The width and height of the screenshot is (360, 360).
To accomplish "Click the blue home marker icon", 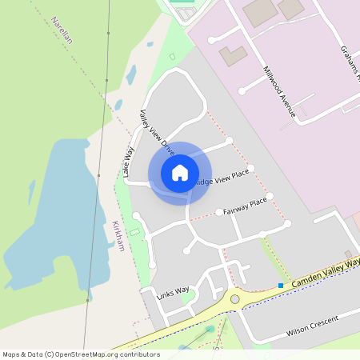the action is [180, 173].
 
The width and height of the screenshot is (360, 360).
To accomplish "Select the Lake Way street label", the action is [128, 161].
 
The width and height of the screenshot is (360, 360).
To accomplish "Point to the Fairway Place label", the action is [246, 206].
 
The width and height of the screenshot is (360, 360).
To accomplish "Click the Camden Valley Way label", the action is [324, 272].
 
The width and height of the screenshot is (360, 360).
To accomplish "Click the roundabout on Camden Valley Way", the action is [234, 299].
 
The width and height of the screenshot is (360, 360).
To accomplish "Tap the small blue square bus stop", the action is [281, 286].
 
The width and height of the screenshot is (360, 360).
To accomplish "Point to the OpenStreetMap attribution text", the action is [81, 354].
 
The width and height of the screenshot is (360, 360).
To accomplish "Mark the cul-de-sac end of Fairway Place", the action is [270, 196].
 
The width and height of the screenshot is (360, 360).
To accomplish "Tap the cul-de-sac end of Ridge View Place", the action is [250, 168].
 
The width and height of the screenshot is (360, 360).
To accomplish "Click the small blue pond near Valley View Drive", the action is [130, 75].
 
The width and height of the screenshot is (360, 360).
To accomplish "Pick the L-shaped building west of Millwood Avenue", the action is [234, 56].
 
